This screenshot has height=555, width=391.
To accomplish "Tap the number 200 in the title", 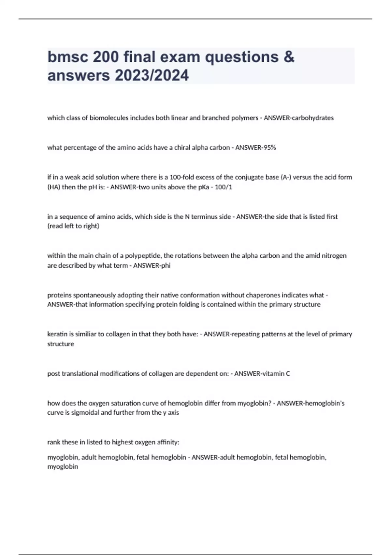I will [x=106, y=57].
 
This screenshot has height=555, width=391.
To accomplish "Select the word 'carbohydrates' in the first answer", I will [x=312, y=118].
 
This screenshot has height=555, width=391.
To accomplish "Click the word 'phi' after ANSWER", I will [x=166, y=265].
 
